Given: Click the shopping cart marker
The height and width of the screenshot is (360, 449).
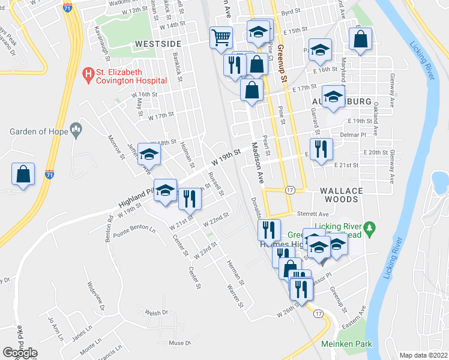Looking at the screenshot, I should tap(221, 38).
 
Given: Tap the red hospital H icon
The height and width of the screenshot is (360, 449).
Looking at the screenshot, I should tap(88, 75).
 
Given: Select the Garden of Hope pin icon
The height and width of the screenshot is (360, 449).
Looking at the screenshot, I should tap(76, 129).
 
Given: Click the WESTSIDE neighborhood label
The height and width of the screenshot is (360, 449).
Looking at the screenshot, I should tap(158, 44).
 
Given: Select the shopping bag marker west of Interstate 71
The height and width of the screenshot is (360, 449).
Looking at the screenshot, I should tap(23, 175).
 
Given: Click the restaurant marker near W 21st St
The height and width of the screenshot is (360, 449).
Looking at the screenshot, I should tap(190, 198).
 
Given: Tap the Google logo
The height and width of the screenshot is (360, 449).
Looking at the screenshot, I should tap(20, 353).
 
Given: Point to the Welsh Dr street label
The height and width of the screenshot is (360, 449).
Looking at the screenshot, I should tap(157, 313).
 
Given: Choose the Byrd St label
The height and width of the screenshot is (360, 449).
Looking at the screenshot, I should tap(290, 11).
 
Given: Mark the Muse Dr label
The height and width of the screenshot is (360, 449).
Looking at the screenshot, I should tap(179, 343).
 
